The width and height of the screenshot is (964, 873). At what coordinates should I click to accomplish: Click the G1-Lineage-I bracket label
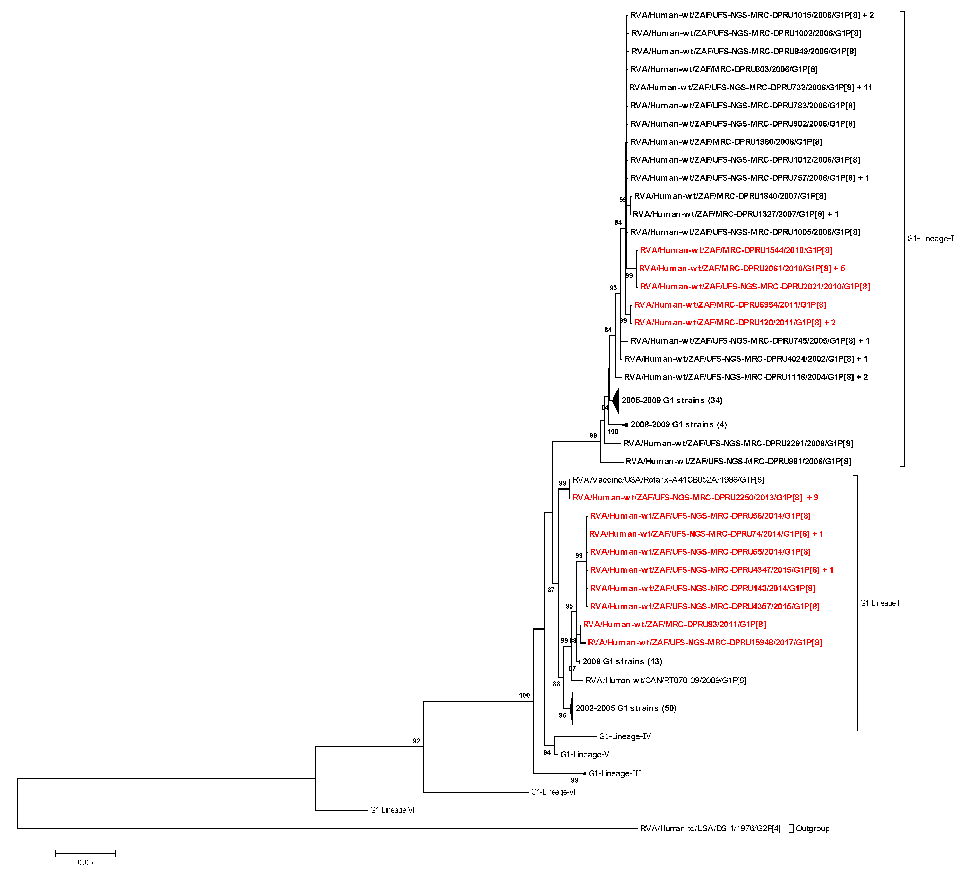tap(930, 239)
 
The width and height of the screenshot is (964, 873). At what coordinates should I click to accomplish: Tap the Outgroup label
tap(813, 829)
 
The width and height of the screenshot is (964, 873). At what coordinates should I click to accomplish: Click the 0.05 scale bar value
tap(85, 862)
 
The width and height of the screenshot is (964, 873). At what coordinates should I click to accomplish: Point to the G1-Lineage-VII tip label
tap(393, 810)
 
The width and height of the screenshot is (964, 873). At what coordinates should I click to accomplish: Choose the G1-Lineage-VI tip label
tap(553, 792)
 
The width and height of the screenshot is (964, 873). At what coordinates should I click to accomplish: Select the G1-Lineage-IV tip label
tap(625, 737)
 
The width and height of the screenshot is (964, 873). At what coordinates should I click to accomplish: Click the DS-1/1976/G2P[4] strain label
tap(710, 829)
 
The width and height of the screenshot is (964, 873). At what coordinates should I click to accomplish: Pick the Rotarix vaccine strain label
tap(668, 479)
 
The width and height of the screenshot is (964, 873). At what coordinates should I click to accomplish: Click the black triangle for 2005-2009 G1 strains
tap(615, 401)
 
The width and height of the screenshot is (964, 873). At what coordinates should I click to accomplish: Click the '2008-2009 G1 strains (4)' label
tap(678, 424)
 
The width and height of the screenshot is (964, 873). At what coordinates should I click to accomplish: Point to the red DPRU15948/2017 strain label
tap(704, 642)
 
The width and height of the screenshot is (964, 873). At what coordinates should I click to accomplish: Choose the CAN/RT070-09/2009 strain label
tap(665, 680)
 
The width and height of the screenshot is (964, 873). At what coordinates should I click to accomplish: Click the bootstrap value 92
tap(416, 741)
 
